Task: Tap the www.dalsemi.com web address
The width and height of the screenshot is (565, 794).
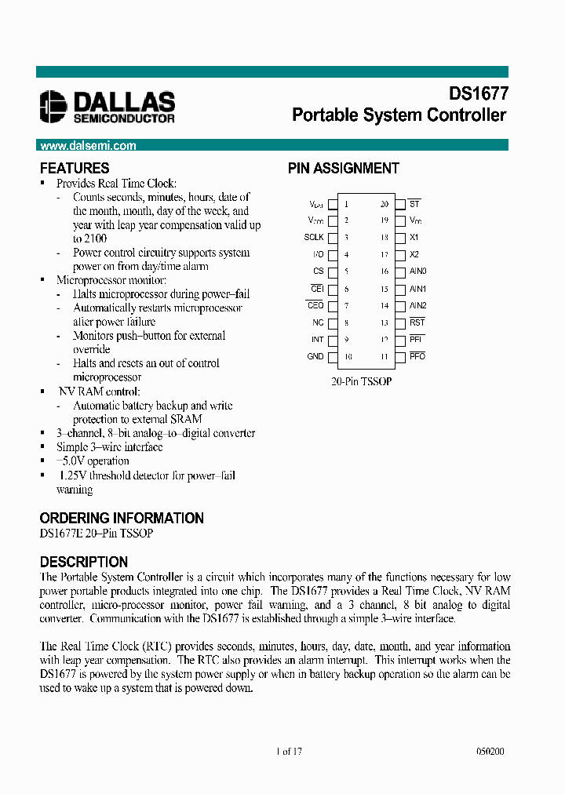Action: tap(88, 145)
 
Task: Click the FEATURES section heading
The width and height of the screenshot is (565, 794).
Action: tap(75, 168)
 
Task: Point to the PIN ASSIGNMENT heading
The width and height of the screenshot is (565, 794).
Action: tap(343, 168)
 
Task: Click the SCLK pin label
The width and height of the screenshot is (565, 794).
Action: tap(314, 237)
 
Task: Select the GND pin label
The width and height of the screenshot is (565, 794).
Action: tap(315, 356)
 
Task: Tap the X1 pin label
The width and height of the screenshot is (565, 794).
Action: tap(414, 237)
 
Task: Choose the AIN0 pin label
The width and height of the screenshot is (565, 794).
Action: tap(417, 271)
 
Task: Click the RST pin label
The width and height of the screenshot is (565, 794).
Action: tap(417, 322)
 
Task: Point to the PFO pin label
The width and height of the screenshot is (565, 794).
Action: tap(417, 356)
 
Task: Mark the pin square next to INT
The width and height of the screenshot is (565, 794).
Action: tap(332, 340)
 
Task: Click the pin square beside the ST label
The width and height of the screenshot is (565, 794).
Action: tap(399, 204)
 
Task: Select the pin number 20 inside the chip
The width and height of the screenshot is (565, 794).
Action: tap(385, 204)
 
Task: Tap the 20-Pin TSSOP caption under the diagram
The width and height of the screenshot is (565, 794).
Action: tap(361, 381)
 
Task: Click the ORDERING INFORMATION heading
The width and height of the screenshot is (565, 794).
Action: tap(122, 518)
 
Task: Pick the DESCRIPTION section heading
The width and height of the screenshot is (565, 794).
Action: tap(83, 562)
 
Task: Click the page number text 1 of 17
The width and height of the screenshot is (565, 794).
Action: tap(290, 751)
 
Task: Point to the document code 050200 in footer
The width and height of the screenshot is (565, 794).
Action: tap(490, 751)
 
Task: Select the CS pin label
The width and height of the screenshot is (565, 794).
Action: tap(318, 271)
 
